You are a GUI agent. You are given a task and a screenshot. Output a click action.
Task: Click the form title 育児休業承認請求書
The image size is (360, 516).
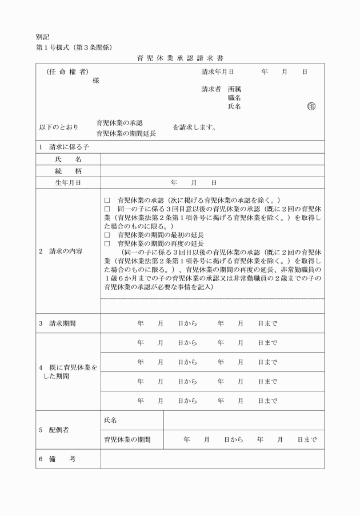pos(179,58)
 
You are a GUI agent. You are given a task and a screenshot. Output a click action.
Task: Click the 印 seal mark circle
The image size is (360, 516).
pos(311,106)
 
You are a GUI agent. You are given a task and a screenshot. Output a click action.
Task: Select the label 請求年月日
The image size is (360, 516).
pos(218,73)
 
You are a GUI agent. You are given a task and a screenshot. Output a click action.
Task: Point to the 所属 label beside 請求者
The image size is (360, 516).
pos(234,89)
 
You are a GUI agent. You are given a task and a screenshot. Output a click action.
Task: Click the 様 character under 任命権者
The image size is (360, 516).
pos(95,81)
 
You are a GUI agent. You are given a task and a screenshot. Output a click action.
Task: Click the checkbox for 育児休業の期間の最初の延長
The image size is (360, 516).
pos(107,235)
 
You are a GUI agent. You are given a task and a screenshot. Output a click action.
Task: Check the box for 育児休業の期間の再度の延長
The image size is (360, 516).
pos(107,243)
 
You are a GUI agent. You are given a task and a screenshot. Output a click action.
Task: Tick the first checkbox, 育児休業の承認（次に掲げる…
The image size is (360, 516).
pos(107,201)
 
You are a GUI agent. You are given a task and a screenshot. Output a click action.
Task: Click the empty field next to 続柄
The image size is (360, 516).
pos(212,171)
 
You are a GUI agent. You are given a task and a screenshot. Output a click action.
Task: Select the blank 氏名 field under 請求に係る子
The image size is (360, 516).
pos(212,159)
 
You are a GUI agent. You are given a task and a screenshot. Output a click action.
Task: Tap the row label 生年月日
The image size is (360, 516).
pos(68,183)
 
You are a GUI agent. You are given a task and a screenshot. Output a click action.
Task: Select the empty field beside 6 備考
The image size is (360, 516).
pos(212,459)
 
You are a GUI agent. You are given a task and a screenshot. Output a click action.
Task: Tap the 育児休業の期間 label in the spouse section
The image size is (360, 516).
pos(127,440)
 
